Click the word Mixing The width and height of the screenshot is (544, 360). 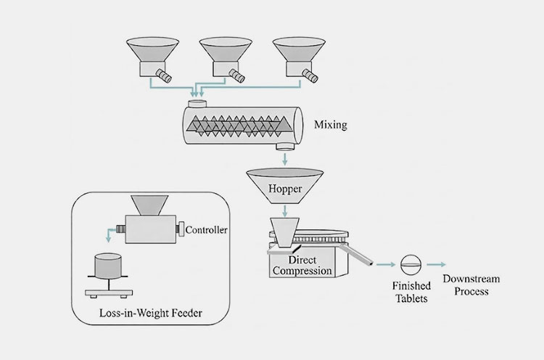pos(330,125)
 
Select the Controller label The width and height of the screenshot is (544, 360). pos(207,231)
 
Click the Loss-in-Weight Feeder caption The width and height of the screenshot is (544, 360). pos(149,314)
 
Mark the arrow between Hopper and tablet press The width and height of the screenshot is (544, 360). pos(286,210)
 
